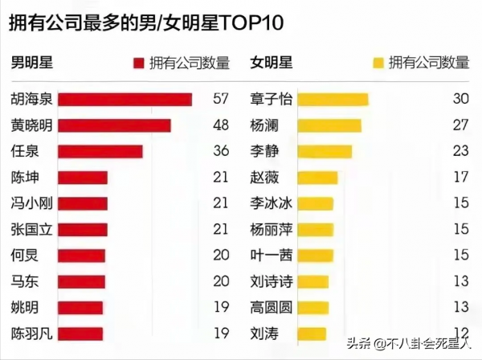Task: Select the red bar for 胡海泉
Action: [125, 100]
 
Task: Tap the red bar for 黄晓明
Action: [115, 125]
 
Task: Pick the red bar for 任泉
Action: [100, 151]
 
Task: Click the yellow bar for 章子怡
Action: [333, 100]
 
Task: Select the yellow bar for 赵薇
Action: [317, 177]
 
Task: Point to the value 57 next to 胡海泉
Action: [221, 100]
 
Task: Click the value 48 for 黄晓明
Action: [221, 125]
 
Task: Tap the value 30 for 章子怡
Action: [460, 100]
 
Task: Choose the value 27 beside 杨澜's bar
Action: [460, 125]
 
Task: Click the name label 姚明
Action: [23, 307]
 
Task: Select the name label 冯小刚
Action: [30, 203]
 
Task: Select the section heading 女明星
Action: [271, 63]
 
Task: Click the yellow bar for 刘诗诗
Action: [313, 281]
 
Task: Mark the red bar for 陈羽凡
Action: [80, 333]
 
